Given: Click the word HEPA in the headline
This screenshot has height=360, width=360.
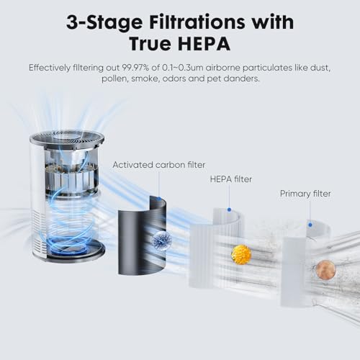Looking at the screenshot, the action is [x=203, y=44].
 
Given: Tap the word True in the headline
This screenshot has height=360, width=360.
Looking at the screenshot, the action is [x=149, y=44].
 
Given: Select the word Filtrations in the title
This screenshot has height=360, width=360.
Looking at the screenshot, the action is [x=197, y=22].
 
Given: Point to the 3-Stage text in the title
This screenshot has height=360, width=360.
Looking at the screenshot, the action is [x=104, y=23].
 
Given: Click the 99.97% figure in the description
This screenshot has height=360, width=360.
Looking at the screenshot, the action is [x=135, y=68].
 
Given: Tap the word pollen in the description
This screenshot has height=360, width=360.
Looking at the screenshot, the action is [x=114, y=78].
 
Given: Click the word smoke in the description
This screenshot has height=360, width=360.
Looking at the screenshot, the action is [x=145, y=78].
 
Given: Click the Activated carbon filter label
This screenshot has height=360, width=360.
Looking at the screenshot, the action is [x=159, y=165].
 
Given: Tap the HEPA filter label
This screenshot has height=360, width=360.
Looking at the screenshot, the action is [x=231, y=179].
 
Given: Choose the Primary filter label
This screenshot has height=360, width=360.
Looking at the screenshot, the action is [x=305, y=194].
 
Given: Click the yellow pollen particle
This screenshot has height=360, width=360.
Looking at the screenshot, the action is [x=241, y=255].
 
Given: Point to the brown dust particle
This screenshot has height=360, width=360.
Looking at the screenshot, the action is [x=325, y=270].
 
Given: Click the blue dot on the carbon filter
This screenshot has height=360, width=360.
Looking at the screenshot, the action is [x=158, y=199].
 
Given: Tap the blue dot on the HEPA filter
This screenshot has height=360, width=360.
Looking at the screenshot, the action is [x=229, y=210].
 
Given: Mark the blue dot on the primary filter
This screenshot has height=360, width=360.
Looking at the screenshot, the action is [x=310, y=225].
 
